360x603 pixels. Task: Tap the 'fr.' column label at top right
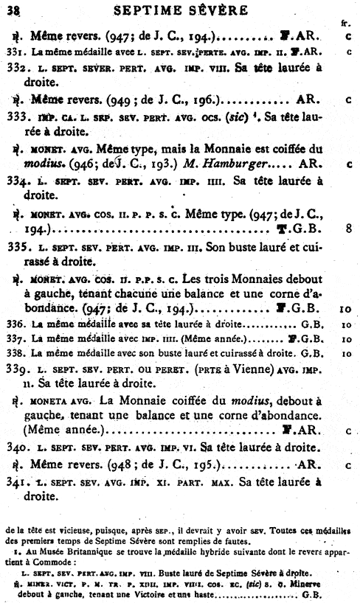(x=345, y=23)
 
